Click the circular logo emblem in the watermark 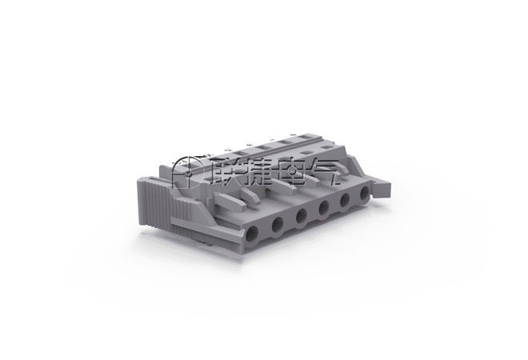click(187, 173)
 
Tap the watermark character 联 click(225, 172)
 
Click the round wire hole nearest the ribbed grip click(252, 234)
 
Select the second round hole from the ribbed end click(278, 224)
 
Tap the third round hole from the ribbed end click(302, 215)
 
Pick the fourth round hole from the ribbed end click(324, 207)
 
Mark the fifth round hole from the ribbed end click(345, 200)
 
